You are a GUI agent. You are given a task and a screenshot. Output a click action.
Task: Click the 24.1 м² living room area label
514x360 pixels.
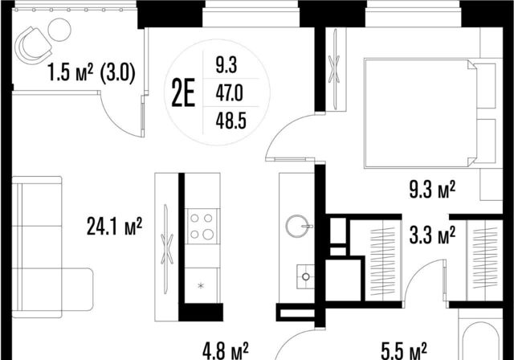click(x=114, y=227)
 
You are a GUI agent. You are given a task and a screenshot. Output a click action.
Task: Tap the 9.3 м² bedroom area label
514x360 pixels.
click(x=432, y=190)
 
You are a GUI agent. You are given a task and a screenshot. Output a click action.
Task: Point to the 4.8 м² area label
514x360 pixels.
click(x=226, y=351)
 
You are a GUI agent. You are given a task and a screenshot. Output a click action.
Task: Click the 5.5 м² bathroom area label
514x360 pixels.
click(x=404, y=351)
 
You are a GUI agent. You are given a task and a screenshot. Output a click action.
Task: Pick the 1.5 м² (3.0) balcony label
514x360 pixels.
click(x=91, y=73)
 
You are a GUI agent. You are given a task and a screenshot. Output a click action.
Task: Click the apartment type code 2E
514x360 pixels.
click(x=183, y=92)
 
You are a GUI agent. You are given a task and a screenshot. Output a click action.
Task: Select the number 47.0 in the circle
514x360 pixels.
click(x=229, y=94)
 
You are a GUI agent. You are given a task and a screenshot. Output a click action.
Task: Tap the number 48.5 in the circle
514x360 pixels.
click(x=230, y=121)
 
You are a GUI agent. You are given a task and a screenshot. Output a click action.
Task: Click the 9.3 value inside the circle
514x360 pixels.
click(x=226, y=66)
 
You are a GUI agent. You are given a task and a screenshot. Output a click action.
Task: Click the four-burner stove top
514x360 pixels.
click(x=202, y=227)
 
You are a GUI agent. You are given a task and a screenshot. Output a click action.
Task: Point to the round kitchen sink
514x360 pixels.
click(x=298, y=226)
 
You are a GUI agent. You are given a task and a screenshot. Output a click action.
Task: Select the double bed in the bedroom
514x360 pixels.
click(x=433, y=113)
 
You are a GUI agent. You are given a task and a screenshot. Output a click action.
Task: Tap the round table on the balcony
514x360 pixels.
click(x=59, y=30)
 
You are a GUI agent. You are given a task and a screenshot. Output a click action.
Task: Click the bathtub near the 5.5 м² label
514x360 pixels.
click(x=480, y=341)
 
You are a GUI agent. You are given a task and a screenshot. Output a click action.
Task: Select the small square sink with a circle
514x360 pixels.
click(x=305, y=276)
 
